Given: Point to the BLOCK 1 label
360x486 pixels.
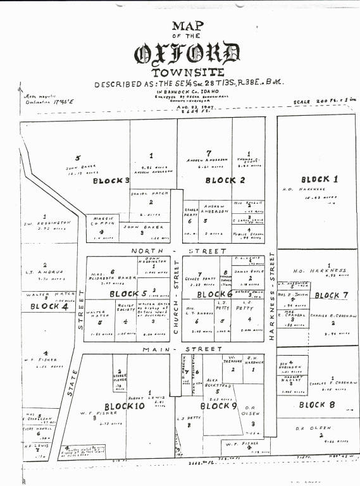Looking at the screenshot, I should (319, 178).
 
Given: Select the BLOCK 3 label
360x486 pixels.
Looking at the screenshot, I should (111, 180).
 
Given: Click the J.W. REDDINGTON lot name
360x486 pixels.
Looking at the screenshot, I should (46, 223).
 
